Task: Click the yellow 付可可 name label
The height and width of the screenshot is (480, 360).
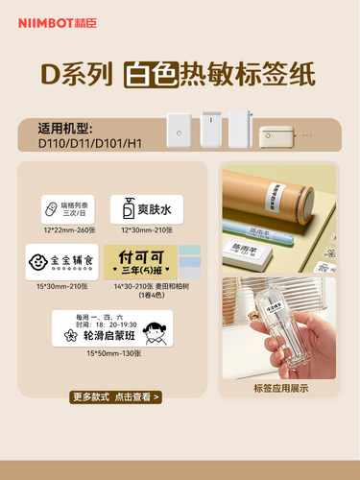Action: pos(142,261)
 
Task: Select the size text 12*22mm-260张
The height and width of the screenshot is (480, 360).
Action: pos(61,231)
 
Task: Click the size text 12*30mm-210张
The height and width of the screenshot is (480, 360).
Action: pos(146,231)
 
